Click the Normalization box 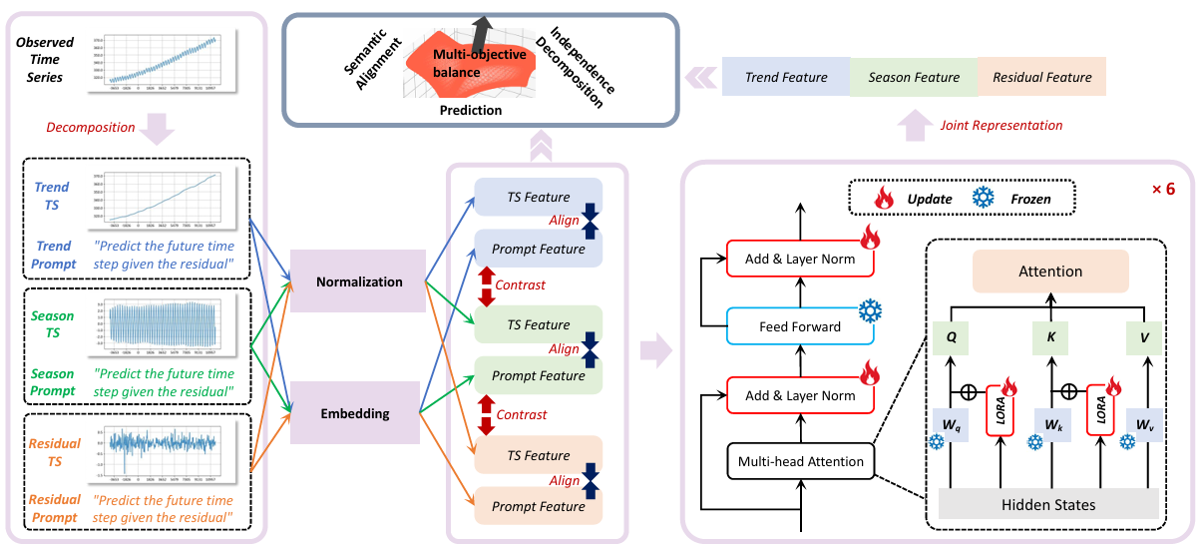(x=359, y=281)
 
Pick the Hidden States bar (x=1047, y=505)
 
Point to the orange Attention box (x=1050, y=271)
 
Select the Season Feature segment (x=914, y=77)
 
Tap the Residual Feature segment (x=1041, y=77)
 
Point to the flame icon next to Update (x=883, y=198)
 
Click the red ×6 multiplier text (x=1163, y=187)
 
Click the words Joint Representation (x=1001, y=125)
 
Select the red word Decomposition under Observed (x=91, y=127)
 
